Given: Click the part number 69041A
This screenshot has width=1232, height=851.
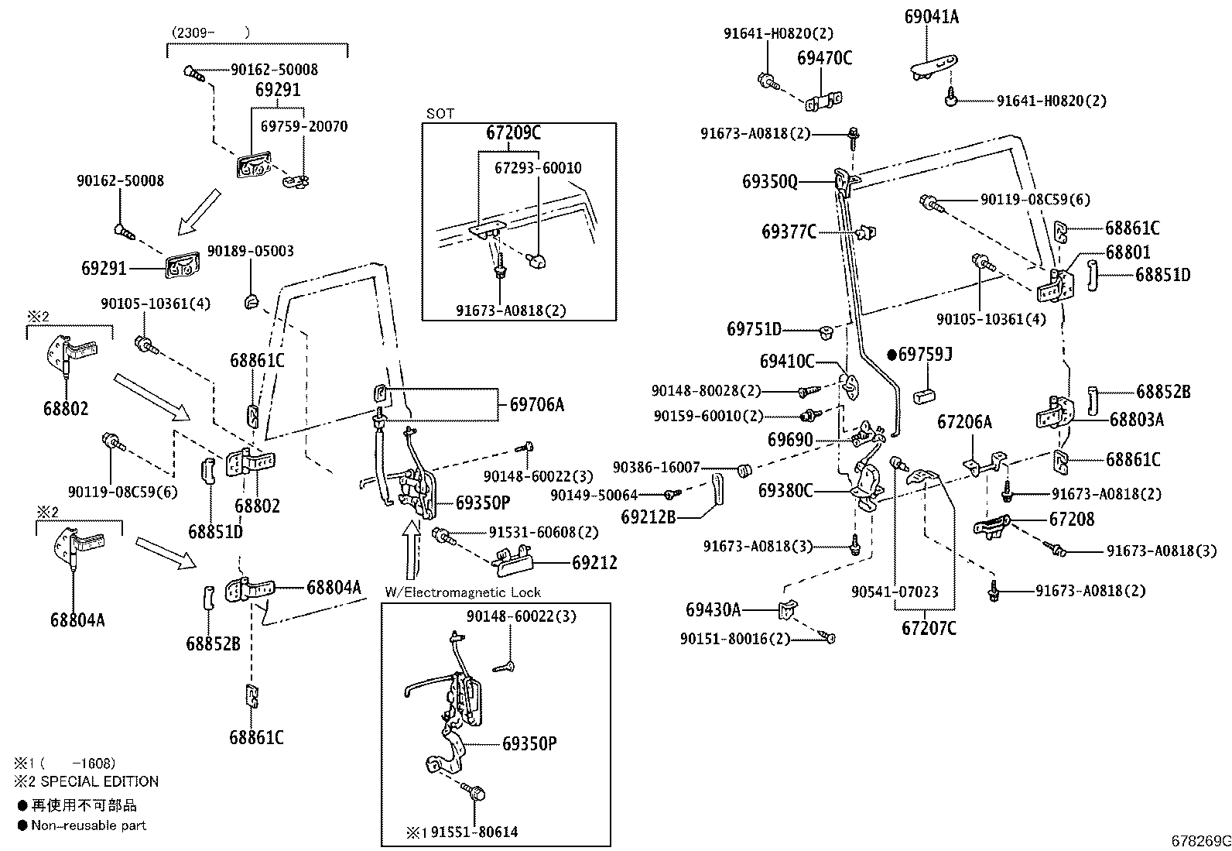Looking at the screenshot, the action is pyautogui.click(x=931, y=16).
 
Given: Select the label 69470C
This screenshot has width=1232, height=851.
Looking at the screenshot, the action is pyautogui.click(x=824, y=58).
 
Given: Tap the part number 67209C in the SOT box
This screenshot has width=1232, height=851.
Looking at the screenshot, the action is pyautogui.click(x=513, y=132).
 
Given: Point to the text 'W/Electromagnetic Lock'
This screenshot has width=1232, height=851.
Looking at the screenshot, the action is pyautogui.click(x=463, y=592).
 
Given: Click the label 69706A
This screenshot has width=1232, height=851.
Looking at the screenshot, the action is pyautogui.click(x=537, y=404).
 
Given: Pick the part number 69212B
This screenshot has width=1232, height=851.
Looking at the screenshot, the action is pyautogui.click(x=648, y=517).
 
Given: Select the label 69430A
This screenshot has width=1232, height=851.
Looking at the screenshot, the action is pyautogui.click(x=713, y=609).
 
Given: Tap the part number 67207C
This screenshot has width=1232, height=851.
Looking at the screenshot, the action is pyautogui.click(x=929, y=628).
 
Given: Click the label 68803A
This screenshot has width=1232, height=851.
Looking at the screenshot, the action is pyautogui.click(x=1137, y=420).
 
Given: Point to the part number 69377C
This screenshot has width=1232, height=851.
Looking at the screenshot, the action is pyautogui.click(x=789, y=232).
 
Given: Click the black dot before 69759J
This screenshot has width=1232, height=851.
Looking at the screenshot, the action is pyautogui.click(x=892, y=355).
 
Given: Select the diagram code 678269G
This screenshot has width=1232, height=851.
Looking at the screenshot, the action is pyautogui.click(x=1201, y=841).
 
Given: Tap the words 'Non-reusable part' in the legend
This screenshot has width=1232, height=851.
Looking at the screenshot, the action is pyautogui.click(x=88, y=825).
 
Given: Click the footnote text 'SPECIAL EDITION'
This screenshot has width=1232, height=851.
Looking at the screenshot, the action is pyautogui.click(x=100, y=781).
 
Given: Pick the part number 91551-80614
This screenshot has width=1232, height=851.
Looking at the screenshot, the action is pyautogui.click(x=474, y=832).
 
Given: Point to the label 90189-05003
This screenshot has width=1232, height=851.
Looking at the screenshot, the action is pyautogui.click(x=250, y=251).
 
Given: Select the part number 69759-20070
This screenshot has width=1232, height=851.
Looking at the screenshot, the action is pyautogui.click(x=304, y=126).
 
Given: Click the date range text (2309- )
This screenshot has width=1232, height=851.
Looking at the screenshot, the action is pyautogui.click(x=210, y=33).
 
